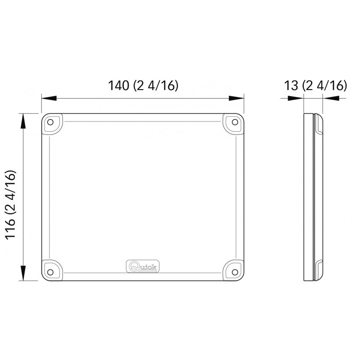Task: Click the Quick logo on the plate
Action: [143, 266]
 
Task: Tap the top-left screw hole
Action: [50, 122]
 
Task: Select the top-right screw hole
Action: [235, 122]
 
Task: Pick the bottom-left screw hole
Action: [50, 272]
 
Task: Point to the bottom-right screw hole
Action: [235, 272]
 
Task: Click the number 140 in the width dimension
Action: [118, 85]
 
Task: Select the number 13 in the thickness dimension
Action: [291, 85]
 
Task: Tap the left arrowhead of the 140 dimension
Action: [49, 98]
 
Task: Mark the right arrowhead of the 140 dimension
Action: [236, 98]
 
